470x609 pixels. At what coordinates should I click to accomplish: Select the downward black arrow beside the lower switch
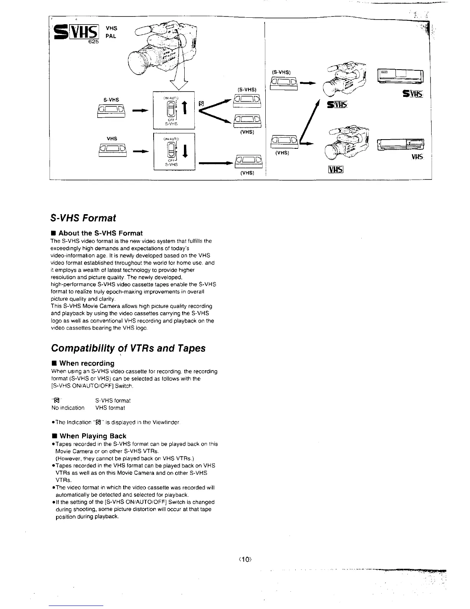point(185,151)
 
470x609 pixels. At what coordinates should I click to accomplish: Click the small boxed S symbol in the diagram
point(201,104)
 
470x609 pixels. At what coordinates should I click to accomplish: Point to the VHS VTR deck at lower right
point(400,145)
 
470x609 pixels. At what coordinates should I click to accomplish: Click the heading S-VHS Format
point(83,218)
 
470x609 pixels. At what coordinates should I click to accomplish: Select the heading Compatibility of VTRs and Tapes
point(128,348)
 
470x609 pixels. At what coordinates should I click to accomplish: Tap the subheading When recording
point(87,363)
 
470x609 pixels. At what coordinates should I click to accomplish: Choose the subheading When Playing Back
point(93,436)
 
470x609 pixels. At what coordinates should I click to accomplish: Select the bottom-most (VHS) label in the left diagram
point(247,173)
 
